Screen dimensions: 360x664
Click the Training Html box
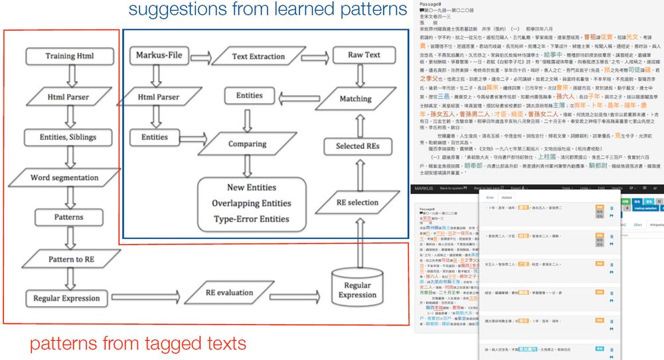(68, 56)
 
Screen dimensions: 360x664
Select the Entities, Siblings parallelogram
(68, 137)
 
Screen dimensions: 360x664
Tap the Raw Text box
(363, 54)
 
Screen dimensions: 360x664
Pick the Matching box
(355, 98)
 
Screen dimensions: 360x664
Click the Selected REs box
(359, 145)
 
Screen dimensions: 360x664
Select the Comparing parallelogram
(247, 143)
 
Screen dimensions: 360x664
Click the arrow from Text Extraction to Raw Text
(315, 56)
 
